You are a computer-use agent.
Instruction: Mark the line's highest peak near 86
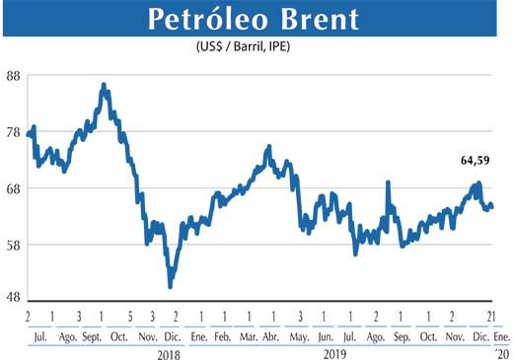104,85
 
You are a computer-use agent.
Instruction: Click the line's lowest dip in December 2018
171,287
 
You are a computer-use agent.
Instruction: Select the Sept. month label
91,336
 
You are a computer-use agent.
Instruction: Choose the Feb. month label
222,336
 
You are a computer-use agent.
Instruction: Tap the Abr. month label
272,336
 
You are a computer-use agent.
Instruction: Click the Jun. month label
325,336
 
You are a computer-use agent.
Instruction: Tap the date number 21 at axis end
489,317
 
